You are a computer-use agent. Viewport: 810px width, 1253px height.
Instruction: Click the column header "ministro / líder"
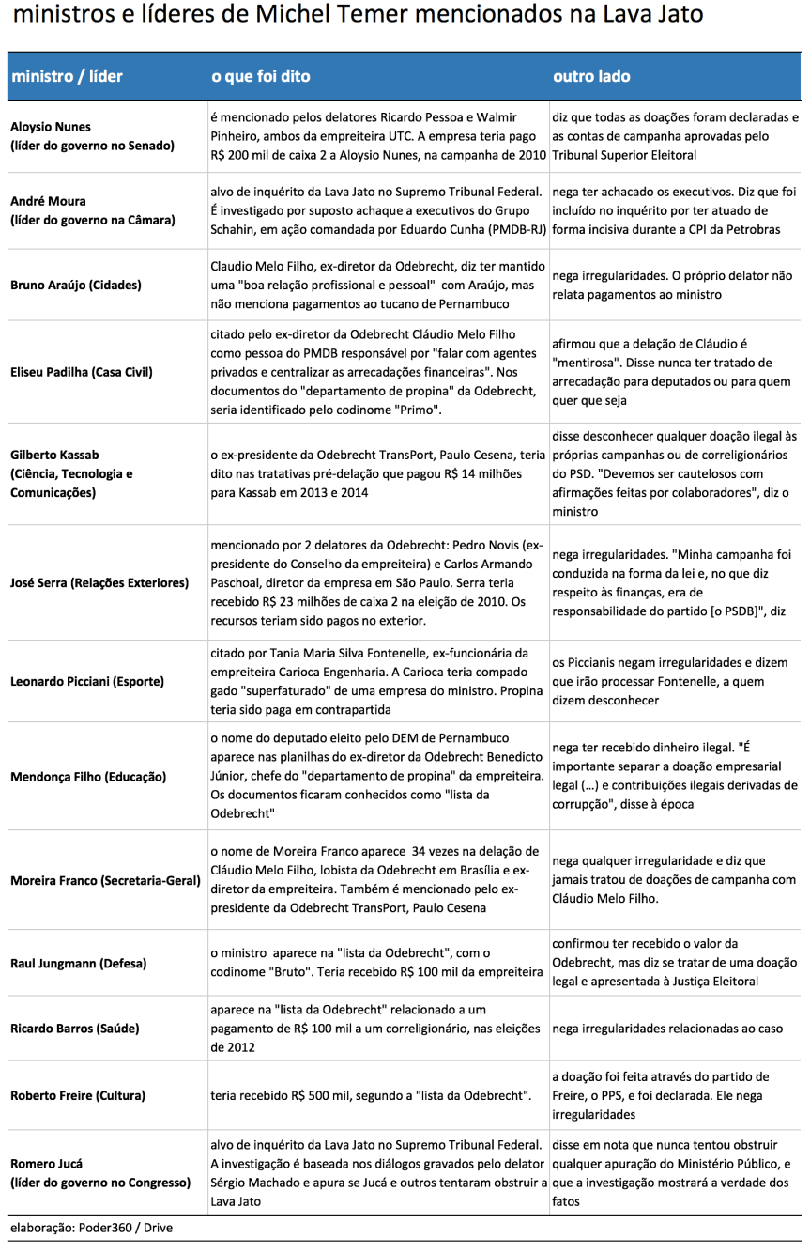pos(67,76)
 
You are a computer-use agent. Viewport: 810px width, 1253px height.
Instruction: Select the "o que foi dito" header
pos(260,76)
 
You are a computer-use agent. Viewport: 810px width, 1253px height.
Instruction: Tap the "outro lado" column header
pos(591,76)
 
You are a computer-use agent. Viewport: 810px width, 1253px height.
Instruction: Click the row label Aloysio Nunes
pos(51,127)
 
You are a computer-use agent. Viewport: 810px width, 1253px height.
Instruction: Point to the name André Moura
pos(48,201)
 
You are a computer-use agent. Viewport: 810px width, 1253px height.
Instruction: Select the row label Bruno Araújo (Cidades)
pos(76,285)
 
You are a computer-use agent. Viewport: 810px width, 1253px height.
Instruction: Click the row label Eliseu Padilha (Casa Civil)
pos(82,372)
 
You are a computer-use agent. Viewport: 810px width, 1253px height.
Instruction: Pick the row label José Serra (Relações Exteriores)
pos(99,583)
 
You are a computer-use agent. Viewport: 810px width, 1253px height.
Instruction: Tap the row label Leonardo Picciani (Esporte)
pos(87,681)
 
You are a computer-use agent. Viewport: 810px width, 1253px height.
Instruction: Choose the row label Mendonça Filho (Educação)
pos(88,777)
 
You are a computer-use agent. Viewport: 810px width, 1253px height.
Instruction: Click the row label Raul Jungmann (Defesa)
pos(78,964)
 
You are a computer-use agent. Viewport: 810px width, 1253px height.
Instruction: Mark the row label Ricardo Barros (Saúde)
pos(75,1029)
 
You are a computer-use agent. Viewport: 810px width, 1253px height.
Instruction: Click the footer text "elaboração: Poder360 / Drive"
pos(92,1228)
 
